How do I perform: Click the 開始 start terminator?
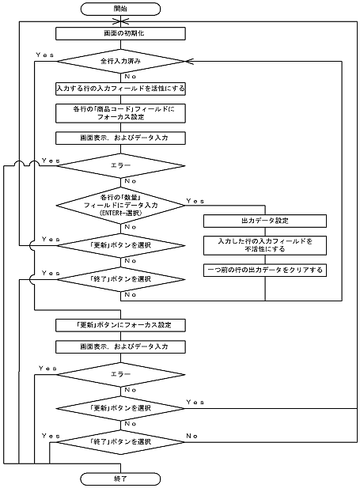(121, 9)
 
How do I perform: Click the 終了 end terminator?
(121, 479)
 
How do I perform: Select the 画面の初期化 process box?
(121, 34)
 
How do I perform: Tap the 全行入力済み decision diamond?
(121, 60)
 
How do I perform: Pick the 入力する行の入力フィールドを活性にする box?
(121, 87)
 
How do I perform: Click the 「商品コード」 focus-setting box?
(121, 112)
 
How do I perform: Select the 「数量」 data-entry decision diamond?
(121, 203)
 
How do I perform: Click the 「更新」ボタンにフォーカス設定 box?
(121, 324)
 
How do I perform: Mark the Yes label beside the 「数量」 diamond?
(194, 201)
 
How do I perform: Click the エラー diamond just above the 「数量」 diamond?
(121, 167)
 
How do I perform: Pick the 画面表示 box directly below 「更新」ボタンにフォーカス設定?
(121, 346)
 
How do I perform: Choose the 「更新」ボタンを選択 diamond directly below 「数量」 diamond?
(121, 246)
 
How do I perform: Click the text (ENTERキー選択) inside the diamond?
(121, 213)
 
